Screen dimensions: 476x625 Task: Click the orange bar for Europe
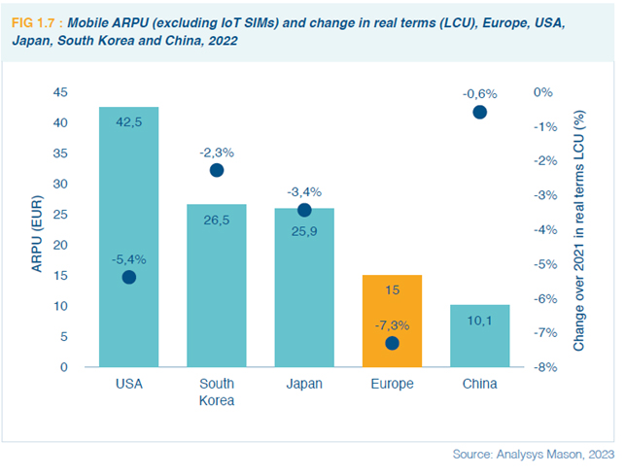pos(392,321)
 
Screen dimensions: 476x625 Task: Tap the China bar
pos(479,336)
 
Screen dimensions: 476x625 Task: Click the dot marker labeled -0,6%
pos(479,113)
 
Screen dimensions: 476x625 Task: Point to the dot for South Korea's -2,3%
pos(217,170)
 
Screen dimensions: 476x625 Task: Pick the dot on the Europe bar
pos(392,343)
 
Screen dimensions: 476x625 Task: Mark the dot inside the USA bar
pos(128,277)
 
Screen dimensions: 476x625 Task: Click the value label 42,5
pos(128,122)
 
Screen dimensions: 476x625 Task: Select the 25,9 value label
pos(304,231)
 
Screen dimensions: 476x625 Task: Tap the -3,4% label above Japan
pos(304,191)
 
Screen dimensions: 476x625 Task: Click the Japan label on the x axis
pos(304,384)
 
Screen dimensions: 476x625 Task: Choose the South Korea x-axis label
pos(217,391)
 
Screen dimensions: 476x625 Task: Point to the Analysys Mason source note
pos(533,455)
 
